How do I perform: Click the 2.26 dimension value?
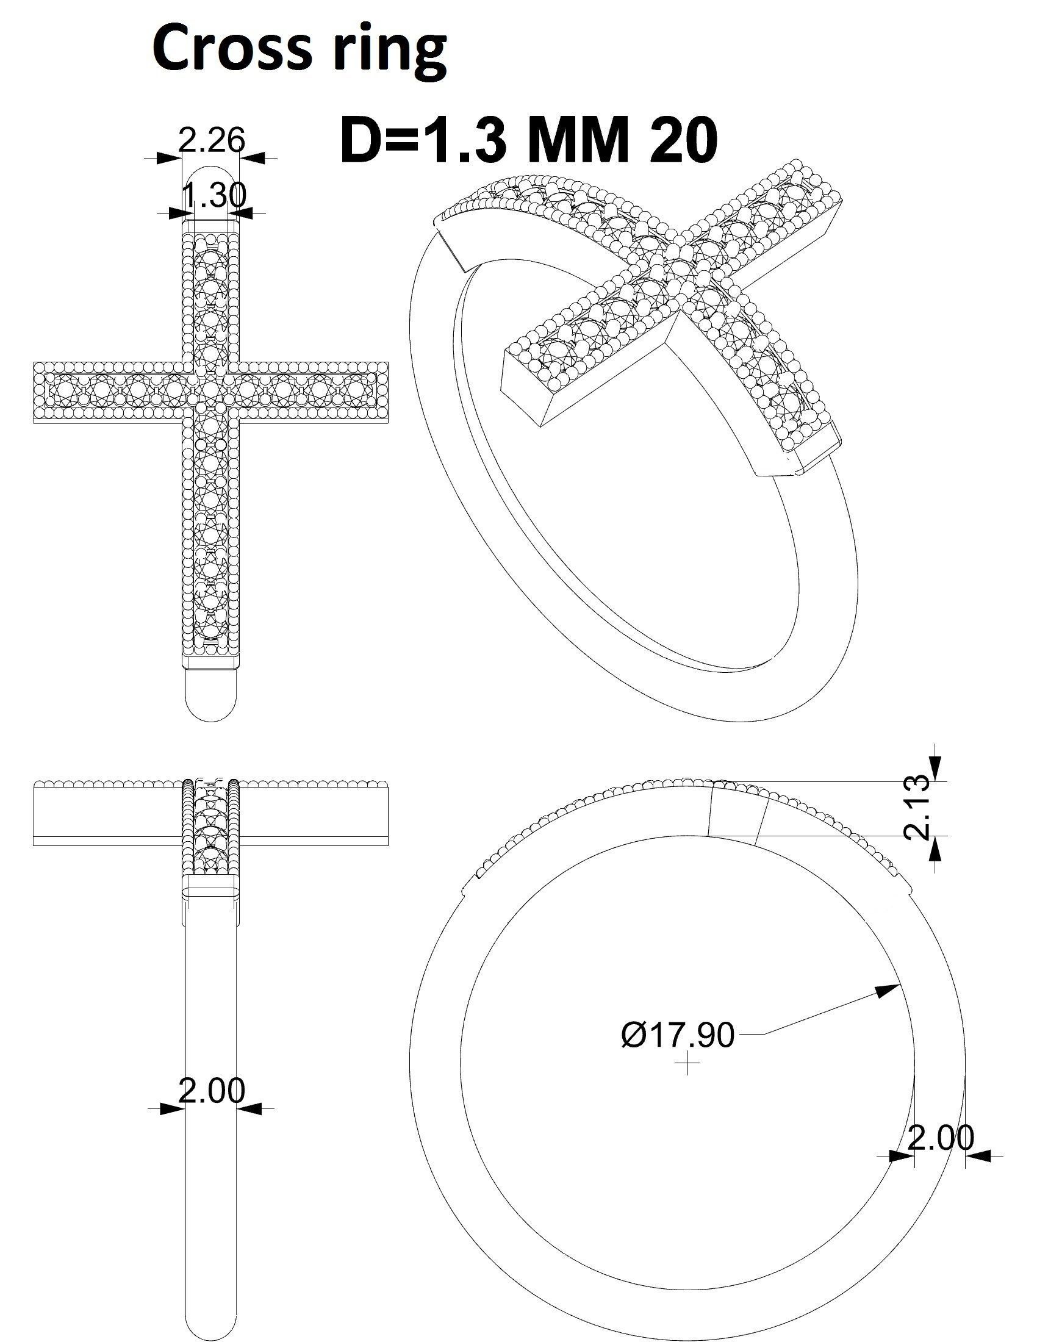coord(211,141)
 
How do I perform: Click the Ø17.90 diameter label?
coord(677,1035)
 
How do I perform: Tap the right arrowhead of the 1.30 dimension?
coord(245,212)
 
